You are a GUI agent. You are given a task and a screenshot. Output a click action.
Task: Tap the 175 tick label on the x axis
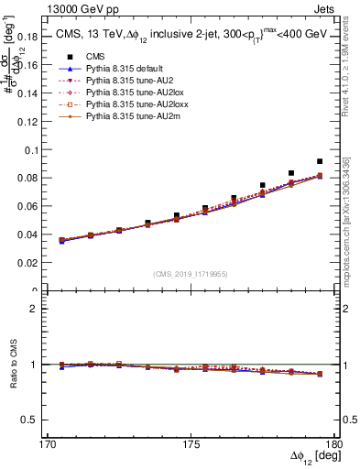click(191, 446)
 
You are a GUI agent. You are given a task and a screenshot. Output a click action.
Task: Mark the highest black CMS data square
click(320, 161)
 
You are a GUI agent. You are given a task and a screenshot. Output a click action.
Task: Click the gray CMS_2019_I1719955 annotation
click(191, 273)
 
